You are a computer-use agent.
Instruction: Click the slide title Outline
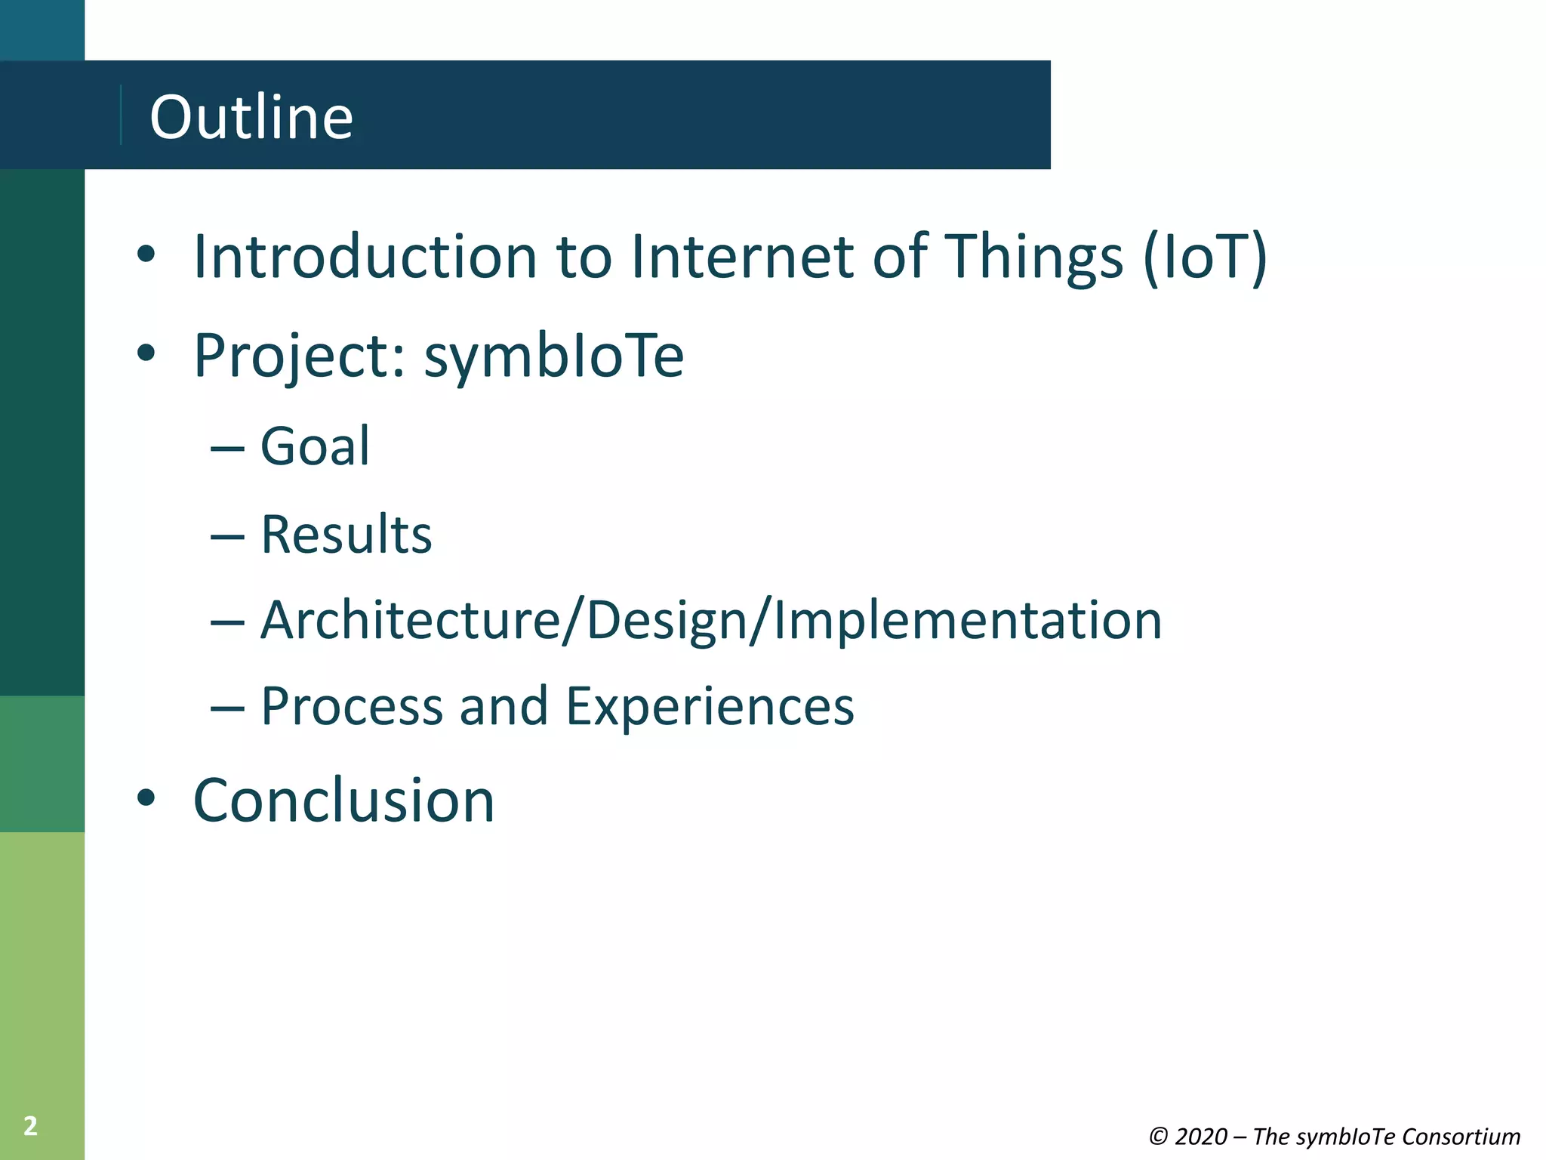coord(251,117)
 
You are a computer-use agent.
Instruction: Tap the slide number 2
coord(30,1126)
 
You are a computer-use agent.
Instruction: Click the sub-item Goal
coord(316,446)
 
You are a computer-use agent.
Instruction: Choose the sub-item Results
coord(346,535)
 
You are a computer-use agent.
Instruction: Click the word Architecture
coord(410,621)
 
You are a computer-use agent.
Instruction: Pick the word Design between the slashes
coord(667,621)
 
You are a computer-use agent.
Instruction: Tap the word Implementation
coord(968,621)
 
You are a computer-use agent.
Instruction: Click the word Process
coord(352,707)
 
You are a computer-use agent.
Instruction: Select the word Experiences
coord(710,707)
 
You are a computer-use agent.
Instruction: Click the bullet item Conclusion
coord(344,801)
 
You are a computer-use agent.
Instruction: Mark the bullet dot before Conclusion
coord(146,797)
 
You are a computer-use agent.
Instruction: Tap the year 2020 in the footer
coord(1200,1137)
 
